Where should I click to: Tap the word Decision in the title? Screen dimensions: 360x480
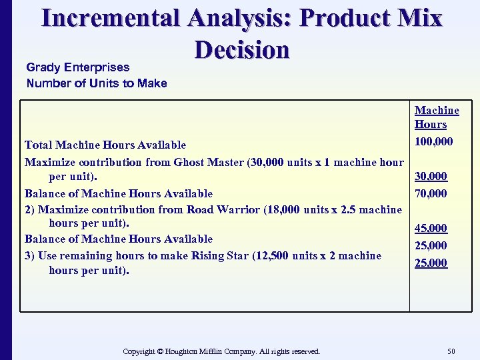[242, 49]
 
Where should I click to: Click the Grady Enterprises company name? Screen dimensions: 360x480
[78, 67]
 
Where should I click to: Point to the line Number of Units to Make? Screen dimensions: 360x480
[97, 83]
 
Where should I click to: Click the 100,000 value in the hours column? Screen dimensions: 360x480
[433, 141]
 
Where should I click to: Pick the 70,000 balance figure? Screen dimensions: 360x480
[431, 194]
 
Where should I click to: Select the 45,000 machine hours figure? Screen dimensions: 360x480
[431, 228]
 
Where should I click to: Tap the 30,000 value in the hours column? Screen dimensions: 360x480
[431, 177]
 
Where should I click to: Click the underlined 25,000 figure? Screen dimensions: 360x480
[431, 263]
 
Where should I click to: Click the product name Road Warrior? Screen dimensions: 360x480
[224, 209]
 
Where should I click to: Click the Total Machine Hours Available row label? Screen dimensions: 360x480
[105, 145]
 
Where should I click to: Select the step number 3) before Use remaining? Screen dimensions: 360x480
[30, 255]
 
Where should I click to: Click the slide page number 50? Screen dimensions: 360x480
[451, 351]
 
